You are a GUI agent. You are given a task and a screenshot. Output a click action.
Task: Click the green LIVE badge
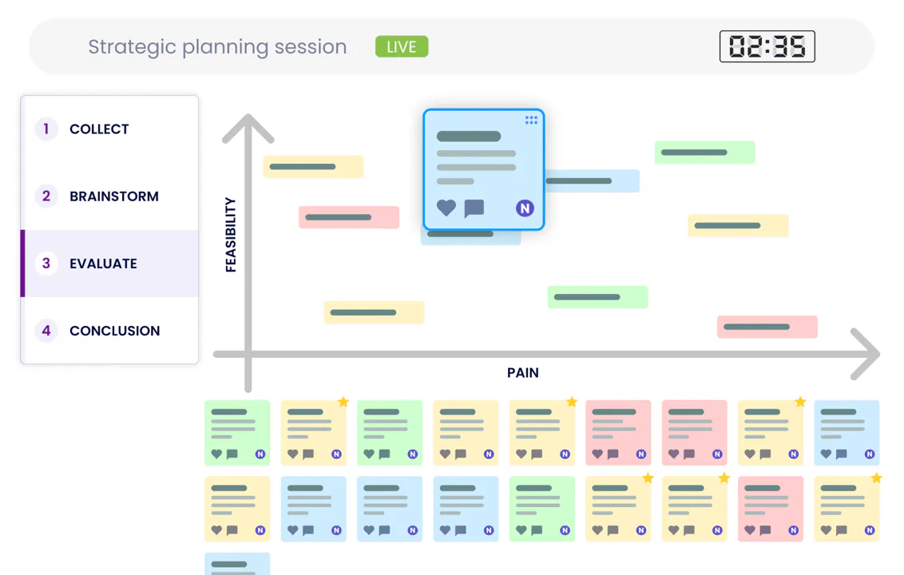[401, 46]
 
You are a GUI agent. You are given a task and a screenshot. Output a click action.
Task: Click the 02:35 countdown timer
[767, 46]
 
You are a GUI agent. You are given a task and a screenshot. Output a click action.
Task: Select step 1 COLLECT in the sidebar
[98, 129]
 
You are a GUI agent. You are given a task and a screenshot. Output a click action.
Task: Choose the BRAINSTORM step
[113, 196]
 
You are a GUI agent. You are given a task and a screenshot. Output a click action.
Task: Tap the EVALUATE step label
[103, 264]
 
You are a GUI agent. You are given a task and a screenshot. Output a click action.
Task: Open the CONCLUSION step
[114, 331]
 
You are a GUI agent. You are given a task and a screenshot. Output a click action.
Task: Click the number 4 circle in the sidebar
[46, 331]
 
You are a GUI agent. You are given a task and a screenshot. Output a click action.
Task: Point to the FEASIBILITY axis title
[231, 235]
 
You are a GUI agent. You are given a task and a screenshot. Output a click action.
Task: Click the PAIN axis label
[523, 373]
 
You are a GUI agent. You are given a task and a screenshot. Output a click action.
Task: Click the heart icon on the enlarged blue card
[446, 208]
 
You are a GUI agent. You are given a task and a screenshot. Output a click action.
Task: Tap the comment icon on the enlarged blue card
[474, 208]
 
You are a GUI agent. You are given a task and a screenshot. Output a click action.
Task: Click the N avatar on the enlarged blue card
[525, 208]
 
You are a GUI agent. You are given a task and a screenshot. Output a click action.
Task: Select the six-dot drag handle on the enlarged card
[531, 120]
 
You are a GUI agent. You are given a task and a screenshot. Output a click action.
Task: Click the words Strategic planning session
[217, 46]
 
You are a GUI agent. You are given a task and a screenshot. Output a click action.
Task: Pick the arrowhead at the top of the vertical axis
[248, 127]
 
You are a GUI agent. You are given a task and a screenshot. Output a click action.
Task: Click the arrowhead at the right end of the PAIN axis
[866, 354]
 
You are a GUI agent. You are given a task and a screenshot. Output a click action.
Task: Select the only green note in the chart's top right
[704, 153]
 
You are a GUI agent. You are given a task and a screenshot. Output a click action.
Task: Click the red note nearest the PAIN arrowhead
[767, 327]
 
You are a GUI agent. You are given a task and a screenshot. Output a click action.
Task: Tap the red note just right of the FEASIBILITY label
[349, 217]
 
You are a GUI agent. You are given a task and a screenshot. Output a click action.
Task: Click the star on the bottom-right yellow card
[876, 478]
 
